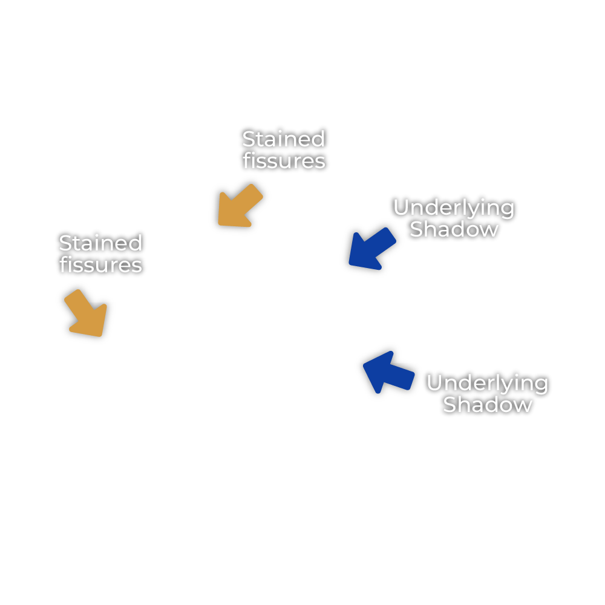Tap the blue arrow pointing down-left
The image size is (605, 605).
tap(371, 249)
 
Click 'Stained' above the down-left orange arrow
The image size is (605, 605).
tap(283, 139)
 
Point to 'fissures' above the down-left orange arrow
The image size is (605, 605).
tap(284, 161)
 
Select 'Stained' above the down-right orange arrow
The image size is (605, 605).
tap(100, 243)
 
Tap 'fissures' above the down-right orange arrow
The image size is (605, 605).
tap(100, 265)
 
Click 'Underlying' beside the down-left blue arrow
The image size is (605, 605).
tap(454, 208)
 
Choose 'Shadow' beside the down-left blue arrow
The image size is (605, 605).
tap(454, 229)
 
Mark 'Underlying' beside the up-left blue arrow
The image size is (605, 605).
tap(487, 383)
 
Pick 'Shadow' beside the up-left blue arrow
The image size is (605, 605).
tap(487, 404)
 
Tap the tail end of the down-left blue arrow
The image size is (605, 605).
tap(391, 235)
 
